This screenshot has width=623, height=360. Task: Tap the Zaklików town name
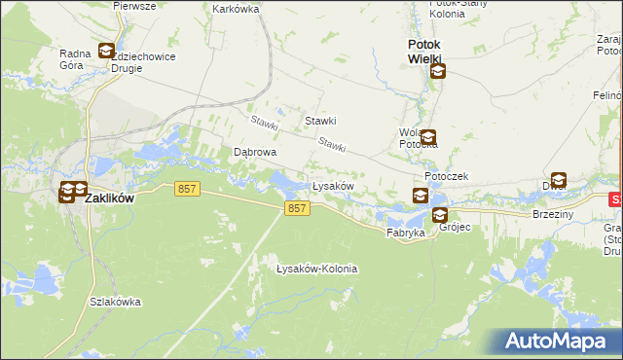tap(109, 197)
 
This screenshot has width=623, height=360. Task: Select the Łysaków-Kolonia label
tap(317, 269)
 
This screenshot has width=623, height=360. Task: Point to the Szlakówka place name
tap(116, 302)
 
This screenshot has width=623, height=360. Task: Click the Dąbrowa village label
tap(256, 153)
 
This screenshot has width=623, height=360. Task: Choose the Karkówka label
tap(235, 8)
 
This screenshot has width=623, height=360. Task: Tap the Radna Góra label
tap(75, 60)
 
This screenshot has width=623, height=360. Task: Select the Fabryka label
tap(406, 234)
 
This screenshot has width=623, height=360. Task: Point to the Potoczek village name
tap(447, 176)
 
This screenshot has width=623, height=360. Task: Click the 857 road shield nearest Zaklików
tap(189, 190)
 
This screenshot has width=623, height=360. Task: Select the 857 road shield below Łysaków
tap(298, 208)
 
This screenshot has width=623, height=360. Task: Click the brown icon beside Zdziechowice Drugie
tap(106, 52)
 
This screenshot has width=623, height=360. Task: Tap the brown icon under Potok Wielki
tap(438, 71)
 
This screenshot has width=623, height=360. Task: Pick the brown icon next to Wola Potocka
tap(427, 138)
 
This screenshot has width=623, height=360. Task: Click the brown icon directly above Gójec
tap(440, 216)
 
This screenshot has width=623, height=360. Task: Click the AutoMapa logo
tap(554, 341)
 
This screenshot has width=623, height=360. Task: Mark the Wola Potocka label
tap(418, 138)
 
